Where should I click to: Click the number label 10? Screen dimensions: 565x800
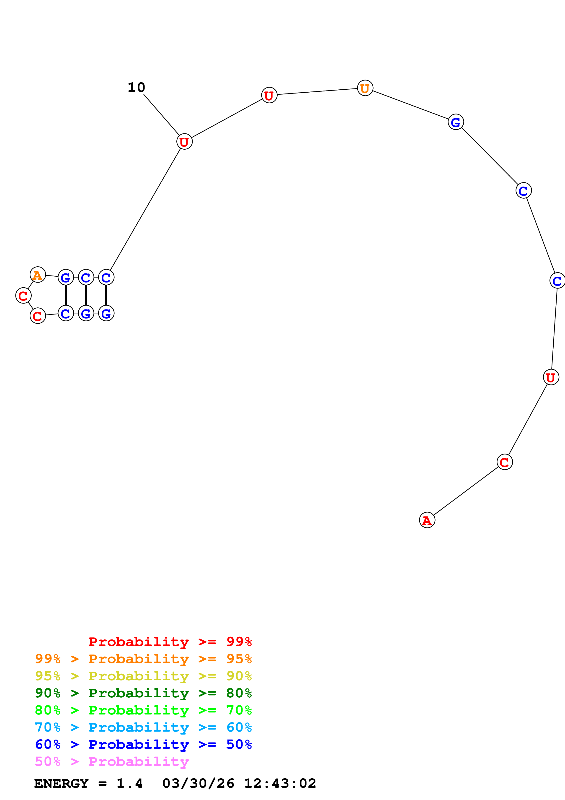click(x=136, y=87)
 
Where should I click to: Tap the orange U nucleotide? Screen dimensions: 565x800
click(x=365, y=88)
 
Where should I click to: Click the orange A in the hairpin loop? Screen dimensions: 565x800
click(x=38, y=275)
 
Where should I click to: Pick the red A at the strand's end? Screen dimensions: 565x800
click(x=427, y=520)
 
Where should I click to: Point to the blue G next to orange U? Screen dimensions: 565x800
click(x=455, y=122)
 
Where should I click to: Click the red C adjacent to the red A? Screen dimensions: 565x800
click(x=504, y=462)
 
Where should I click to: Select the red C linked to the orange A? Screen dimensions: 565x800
click(x=23, y=296)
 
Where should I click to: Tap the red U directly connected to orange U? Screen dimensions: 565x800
click(x=269, y=95)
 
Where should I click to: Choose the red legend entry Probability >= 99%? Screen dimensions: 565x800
click(x=170, y=642)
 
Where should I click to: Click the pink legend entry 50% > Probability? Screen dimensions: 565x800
click(x=112, y=762)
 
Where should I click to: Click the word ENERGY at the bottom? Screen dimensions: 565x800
click(x=61, y=784)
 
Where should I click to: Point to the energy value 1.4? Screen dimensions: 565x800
click(x=129, y=784)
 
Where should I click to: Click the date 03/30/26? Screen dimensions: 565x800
click(x=198, y=784)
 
